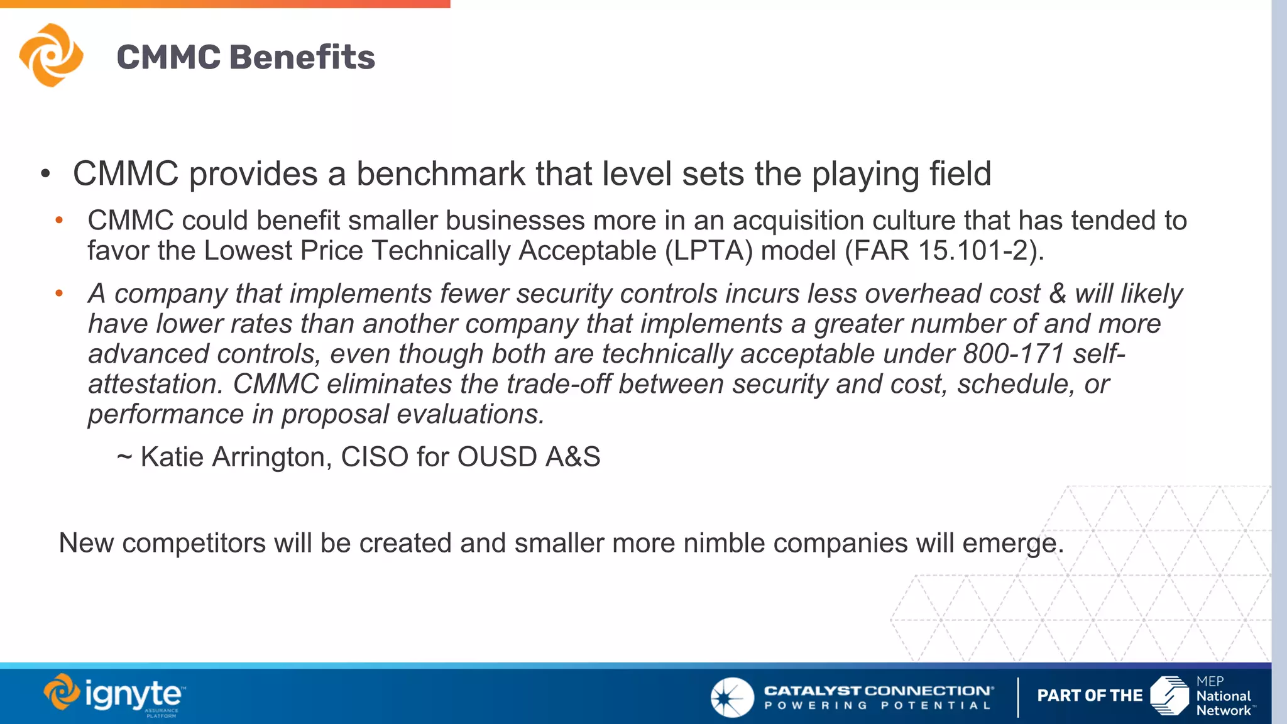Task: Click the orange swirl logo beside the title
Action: click(51, 55)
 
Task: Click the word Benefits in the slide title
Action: click(302, 57)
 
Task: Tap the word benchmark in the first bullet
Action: click(441, 174)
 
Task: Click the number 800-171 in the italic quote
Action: click(1013, 354)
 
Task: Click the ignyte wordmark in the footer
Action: click(133, 695)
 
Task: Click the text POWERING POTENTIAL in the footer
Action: click(877, 706)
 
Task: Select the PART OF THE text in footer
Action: click(1090, 696)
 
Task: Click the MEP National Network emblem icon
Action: click(1169, 696)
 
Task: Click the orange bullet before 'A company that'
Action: click(59, 293)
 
